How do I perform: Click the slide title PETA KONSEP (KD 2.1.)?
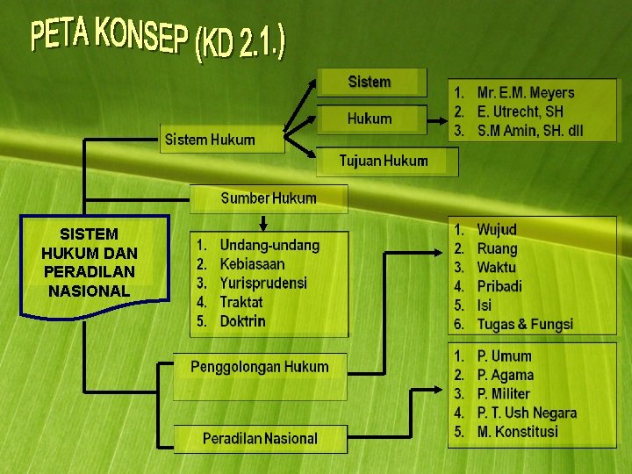tap(158, 39)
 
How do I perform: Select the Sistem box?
tap(370, 83)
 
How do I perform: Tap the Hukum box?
tap(370, 118)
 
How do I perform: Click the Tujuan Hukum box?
tap(384, 161)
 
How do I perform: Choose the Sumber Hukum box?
tap(269, 198)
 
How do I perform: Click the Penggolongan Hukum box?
tap(260, 367)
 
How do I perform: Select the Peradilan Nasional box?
tap(260, 438)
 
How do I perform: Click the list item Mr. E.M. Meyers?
tap(525, 92)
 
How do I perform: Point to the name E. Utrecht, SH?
tap(520, 111)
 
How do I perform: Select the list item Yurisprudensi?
tap(263, 283)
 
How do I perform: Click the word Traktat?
tap(241, 302)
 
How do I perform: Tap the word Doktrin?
tap(242, 321)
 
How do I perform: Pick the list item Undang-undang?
tap(269, 245)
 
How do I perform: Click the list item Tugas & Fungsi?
tap(524, 325)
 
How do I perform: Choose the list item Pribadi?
tap(499, 286)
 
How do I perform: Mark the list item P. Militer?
tap(503, 394)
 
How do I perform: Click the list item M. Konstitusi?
tap(517, 432)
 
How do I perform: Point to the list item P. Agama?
tap(505, 375)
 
